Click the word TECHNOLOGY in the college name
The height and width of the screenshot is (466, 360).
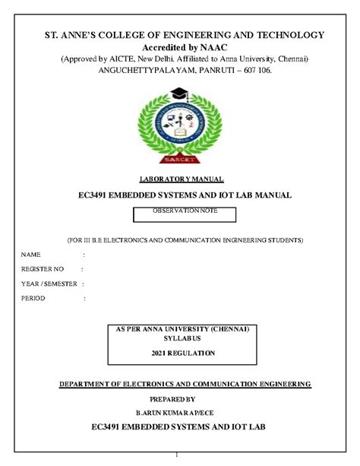(x=286, y=35)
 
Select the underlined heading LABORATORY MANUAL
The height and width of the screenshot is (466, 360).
(x=179, y=179)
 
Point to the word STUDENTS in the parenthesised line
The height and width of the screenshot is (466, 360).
(x=276, y=239)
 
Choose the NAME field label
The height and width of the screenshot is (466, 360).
(x=31, y=254)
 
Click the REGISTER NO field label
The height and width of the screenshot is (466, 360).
(x=42, y=268)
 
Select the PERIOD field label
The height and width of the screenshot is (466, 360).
(x=33, y=298)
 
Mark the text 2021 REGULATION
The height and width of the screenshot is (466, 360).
(x=182, y=353)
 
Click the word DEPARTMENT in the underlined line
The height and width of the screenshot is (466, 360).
(x=87, y=384)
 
